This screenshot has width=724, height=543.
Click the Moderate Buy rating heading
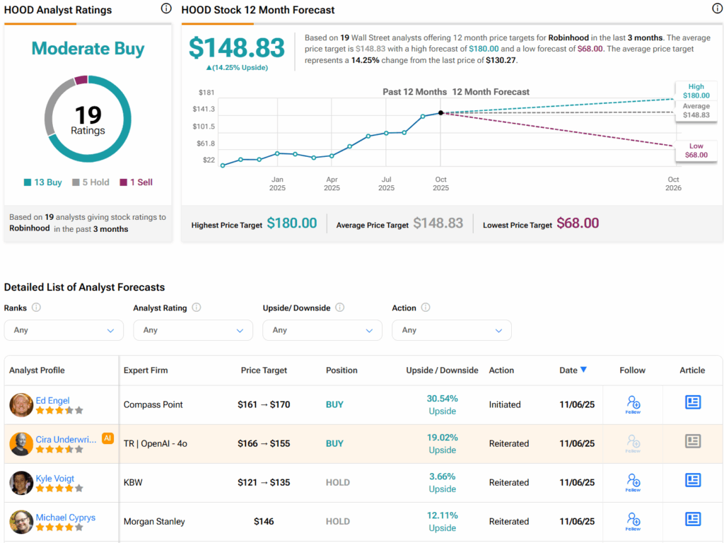[x=88, y=49]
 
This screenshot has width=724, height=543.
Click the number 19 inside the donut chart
[x=88, y=115]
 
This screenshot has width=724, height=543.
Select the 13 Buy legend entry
[x=43, y=182]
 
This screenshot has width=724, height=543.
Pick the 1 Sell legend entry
[x=136, y=182]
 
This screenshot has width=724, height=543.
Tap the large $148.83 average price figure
[x=237, y=47]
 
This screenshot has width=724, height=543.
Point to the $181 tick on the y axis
[x=206, y=92]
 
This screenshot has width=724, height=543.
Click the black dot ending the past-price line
[x=440, y=112]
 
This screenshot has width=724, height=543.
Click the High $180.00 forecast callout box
[x=696, y=90]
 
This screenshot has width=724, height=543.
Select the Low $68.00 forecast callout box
[x=696, y=151]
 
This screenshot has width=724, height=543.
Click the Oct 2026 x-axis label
[x=673, y=184]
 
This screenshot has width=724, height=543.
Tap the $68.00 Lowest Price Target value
[x=578, y=223]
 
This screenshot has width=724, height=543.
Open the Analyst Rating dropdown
[x=193, y=330]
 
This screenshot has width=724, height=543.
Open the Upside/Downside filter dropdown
[x=322, y=330]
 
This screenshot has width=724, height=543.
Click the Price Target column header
[x=264, y=370]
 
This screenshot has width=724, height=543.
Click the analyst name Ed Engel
[x=53, y=400]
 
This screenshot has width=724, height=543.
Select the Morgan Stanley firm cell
[x=154, y=522]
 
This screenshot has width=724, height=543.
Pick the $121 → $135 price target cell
[x=264, y=483]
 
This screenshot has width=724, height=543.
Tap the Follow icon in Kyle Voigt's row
[x=633, y=483]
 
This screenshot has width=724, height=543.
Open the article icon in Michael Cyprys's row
[x=693, y=520]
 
